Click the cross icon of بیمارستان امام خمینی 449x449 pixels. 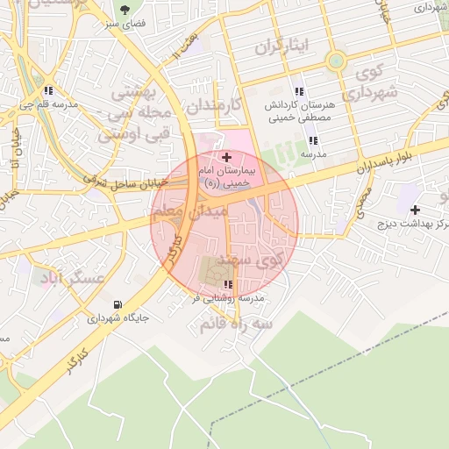[227, 156]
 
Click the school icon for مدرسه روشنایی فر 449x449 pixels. [229, 284]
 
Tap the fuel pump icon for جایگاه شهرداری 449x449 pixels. [117, 305]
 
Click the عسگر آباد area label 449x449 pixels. [70, 278]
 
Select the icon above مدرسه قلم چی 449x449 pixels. [48, 89]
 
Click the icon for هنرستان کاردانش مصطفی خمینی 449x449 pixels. [299, 91]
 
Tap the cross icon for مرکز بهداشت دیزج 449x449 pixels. [415, 210]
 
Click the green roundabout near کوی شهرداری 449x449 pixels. [335, 61]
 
